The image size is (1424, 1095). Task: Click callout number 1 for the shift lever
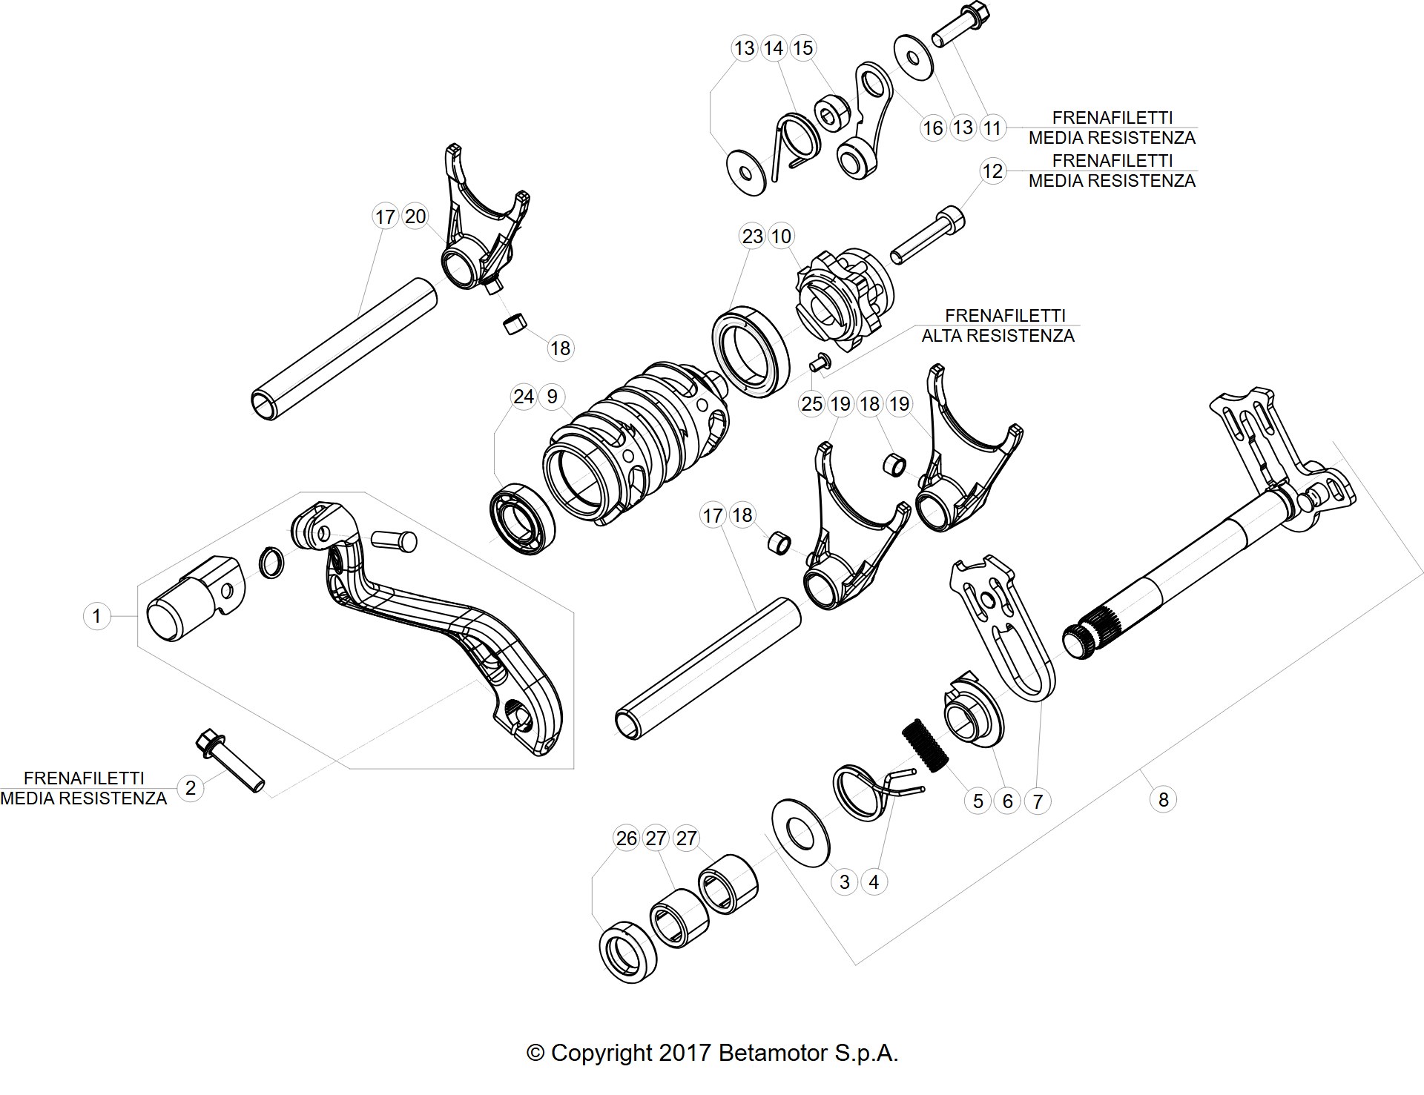coord(96,615)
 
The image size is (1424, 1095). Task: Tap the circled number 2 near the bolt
coord(191,787)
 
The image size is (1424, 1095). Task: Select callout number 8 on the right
coord(1163,799)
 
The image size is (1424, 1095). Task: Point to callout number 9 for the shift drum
coord(552,397)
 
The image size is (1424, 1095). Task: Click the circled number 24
coord(523,397)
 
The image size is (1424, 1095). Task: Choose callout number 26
coord(627,838)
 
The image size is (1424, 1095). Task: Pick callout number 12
coord(992,171)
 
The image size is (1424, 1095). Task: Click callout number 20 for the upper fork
coord(415,216)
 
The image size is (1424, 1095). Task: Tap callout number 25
coord(812,404)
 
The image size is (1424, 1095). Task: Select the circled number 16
coord(932,128)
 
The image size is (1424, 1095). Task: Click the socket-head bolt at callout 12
coord(928,235)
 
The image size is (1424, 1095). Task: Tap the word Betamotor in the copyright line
coord(773,1053)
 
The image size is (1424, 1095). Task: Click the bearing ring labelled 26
coord(627,953)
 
